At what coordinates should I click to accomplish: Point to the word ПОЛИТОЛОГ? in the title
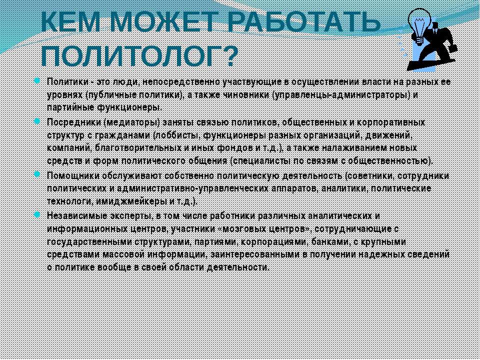139,56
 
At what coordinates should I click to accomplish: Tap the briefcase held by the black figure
453,48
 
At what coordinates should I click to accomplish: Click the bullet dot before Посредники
37,121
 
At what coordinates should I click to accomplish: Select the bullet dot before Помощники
37,174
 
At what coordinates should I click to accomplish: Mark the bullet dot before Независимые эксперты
37,214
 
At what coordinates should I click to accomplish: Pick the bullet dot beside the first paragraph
37,81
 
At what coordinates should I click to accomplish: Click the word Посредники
74,123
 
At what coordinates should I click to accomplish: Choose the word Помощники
73,175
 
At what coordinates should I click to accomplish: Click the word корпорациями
274,242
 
